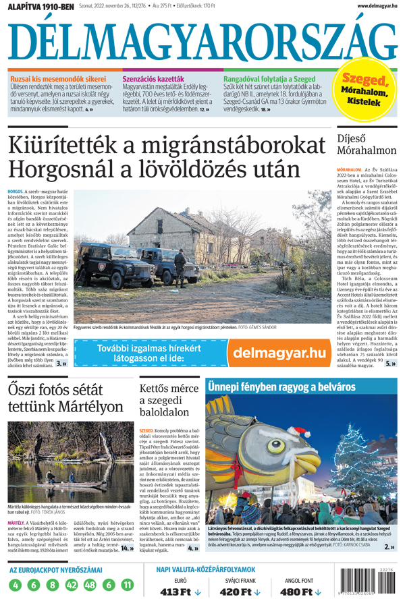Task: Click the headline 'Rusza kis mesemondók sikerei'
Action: pyautogui.click(x=57, y=79)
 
